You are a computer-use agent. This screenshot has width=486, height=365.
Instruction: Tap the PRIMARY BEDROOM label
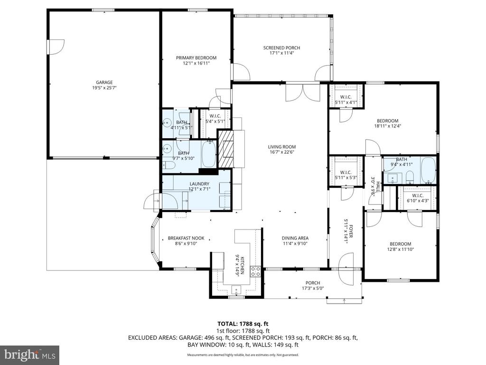(x=196, y=58)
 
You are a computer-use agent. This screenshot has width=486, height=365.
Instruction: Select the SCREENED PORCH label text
(x=281, y=48)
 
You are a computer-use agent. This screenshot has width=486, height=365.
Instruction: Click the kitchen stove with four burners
(x=255, y=271)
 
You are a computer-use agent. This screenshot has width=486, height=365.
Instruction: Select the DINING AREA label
(x=296, y=238)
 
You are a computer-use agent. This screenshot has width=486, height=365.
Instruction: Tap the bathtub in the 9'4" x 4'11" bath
(x=428, y=171)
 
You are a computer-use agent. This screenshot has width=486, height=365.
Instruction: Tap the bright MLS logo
(x=29, y=355)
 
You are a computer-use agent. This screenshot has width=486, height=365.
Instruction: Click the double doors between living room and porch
(x=303, y=92)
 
